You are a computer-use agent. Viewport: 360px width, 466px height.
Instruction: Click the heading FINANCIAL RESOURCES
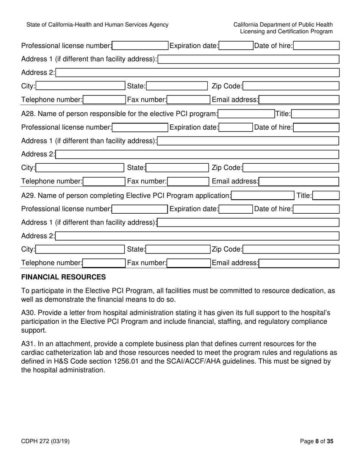pyautogui.click(x=63, y=277)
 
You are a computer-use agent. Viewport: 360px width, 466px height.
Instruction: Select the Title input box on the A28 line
pyautogui.click(x=315, y=114)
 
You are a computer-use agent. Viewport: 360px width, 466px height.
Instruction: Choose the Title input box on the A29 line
pyautogui.click(x=326, y=195)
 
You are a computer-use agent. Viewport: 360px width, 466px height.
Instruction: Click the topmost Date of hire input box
pyautogui.click(x=316, y=46)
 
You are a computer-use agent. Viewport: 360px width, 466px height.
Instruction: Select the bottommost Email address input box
pyautogui.click(x=299, y=263)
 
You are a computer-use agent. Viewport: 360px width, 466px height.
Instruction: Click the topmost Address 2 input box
pyautogui.click(x=197, y=73)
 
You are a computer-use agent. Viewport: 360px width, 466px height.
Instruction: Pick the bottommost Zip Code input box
pyautogui.click(x=291, y=249)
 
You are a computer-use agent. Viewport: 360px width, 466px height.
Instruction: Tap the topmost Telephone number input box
pyautogui.click(x=104, y=100)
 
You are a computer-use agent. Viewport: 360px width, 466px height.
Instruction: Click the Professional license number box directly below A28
pyautogui.click(x=140, y=127)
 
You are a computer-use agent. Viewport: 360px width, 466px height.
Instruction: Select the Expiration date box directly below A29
pyautogui.click(x=236, y=209)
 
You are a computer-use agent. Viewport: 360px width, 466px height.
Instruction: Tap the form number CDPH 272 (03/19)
pyautogui.click(x=45, y=441)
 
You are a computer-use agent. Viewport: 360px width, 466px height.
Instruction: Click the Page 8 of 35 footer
pyautogui.click(x=316, y=441)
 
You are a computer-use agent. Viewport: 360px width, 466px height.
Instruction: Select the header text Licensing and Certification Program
pyautogui.click(x=286, y=31)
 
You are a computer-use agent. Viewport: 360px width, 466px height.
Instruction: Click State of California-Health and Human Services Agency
pyautogui.click(x=97, y=25)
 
